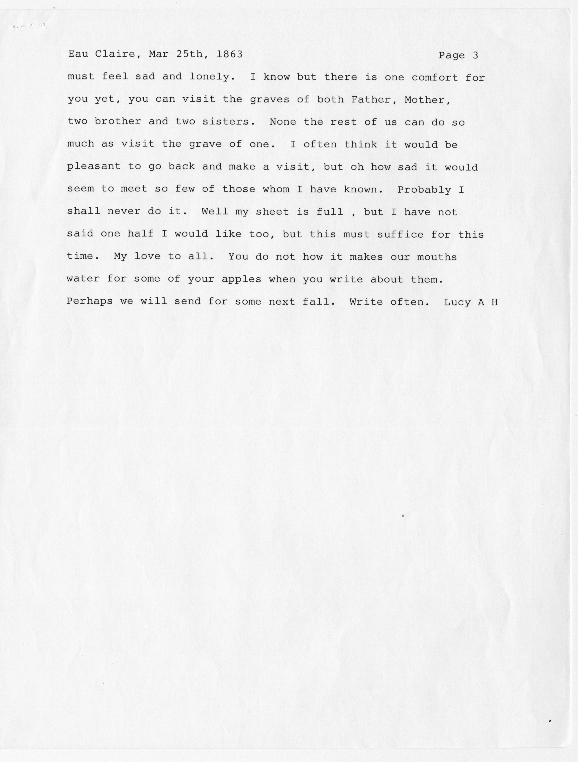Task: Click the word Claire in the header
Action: (x=115, y=54)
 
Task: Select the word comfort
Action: (x=435, y=78)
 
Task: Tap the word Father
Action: (x=374, y=100)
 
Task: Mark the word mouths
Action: (x=437, y=257)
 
